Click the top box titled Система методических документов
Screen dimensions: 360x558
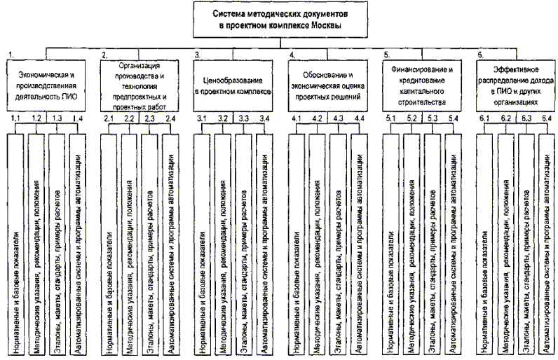pos(280,19)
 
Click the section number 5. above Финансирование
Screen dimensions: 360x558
pos(387,54)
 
